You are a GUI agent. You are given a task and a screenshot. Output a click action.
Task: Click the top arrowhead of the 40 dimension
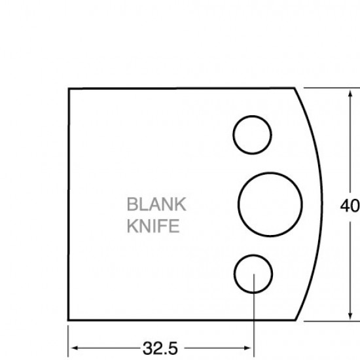pyautogui.click(x=347, y=93)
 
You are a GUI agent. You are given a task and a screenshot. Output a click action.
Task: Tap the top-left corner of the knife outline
pyautogui.click(x=69, y=89)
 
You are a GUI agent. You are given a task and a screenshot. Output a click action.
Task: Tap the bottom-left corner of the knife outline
pyautogui.click(x=69, y=320)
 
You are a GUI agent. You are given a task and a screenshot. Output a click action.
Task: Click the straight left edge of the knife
pyautogui.click(x=69, y=204)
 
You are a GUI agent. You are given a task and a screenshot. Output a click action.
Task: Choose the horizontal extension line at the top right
pyautogui.click(x=327, y=88)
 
